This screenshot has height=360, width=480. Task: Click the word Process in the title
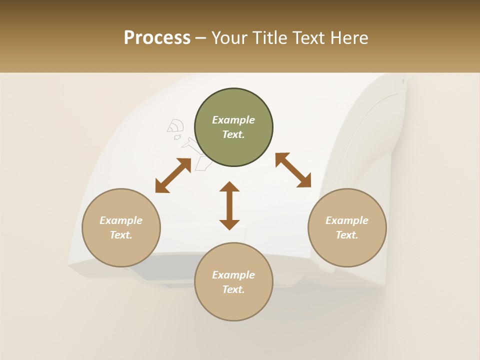click(157, 37)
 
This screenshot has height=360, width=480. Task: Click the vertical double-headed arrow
click(229, 205)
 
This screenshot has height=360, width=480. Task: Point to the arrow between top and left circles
click(173, 175)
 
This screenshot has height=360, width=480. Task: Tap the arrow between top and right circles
click(293, 170)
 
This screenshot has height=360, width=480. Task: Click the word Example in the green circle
click(233, 120)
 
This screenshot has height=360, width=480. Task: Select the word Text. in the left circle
click(121, 235)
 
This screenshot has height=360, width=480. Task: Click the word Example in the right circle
click(347, 220)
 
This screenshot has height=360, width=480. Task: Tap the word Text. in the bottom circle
click(233, 289)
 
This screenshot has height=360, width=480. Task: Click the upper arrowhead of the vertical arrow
click(229, 187)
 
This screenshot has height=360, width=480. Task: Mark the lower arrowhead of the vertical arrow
click(229, 224)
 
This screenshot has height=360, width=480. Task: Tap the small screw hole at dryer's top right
click(403, 80)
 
